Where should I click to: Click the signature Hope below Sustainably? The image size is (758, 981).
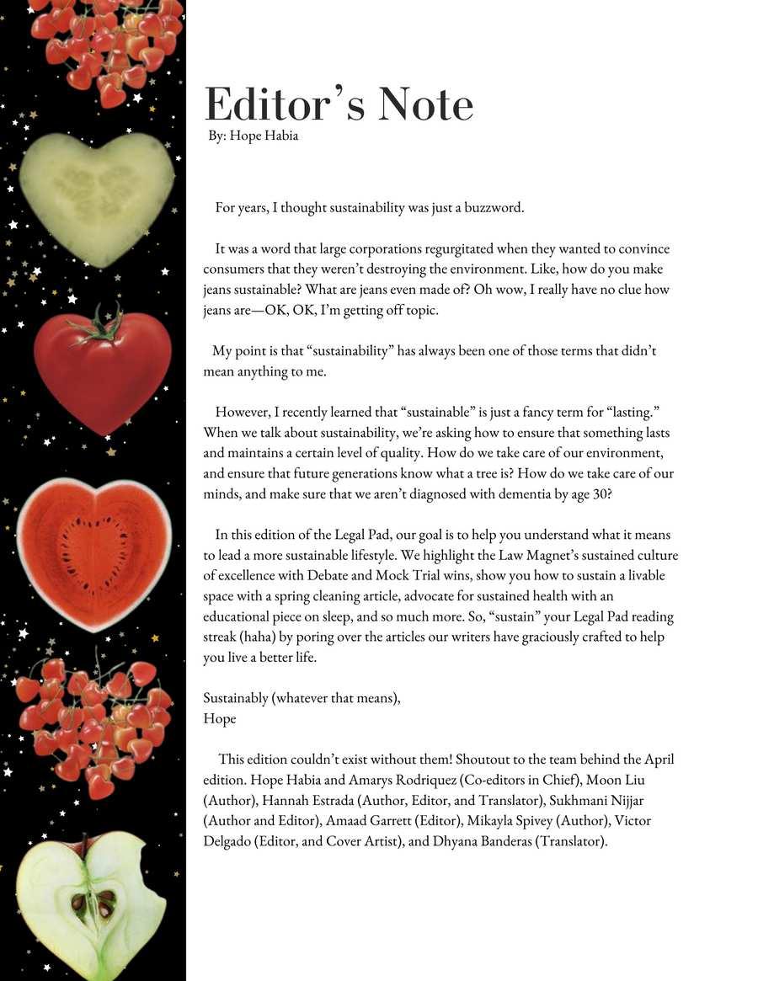pyautogui.click(x=220, y=718)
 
